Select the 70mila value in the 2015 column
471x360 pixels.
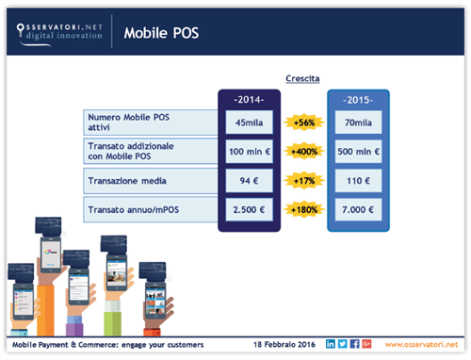[357, 122]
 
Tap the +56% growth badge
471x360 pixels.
[304, 123]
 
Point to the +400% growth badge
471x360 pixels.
[304, 151]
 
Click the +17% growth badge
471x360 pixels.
[304, 179]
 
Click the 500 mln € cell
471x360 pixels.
[357, 151]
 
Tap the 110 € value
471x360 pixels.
[357, 179]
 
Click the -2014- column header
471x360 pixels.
[248, 97]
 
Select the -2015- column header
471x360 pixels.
[357, 97]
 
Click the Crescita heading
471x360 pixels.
[303, 81]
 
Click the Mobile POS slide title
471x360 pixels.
[162, 34]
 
